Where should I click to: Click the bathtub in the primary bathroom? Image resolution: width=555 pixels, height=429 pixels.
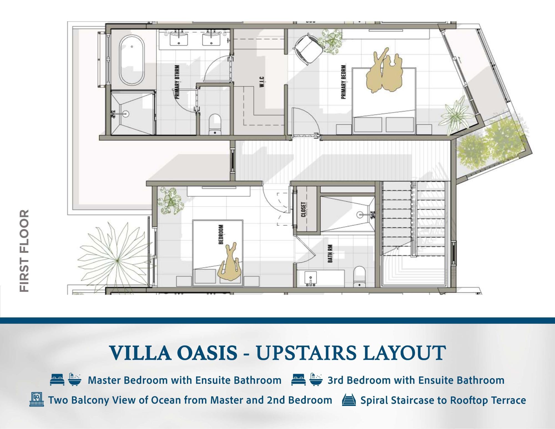[132, 60]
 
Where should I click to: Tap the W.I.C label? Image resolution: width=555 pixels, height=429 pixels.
[262, 83]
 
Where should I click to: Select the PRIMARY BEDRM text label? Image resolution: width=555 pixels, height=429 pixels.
[343, 82]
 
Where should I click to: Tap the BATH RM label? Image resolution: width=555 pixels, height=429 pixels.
[330, 254]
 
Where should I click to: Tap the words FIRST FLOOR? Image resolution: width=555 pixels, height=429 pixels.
[24, 250]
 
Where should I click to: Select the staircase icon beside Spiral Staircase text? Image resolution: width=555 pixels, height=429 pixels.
[349, 400]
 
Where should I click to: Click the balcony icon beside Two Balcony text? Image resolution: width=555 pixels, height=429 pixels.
[37, 400]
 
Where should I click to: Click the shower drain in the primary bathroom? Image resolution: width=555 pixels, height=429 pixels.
[126, 113]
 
